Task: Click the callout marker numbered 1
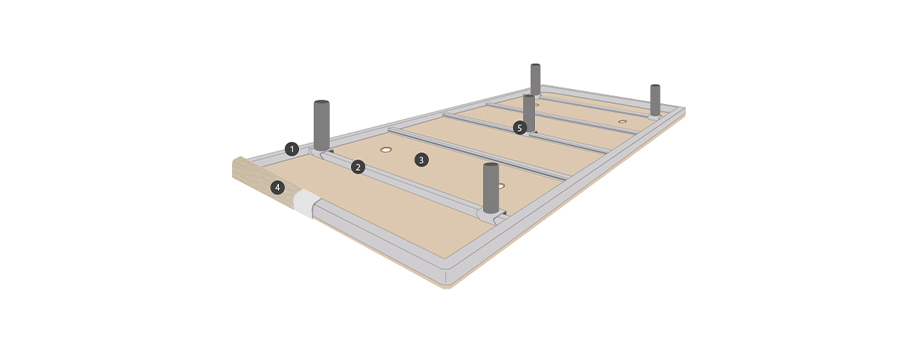click(x=292, y=149)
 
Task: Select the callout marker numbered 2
click(x=358, y=167)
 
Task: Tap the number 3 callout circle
click(x=421, y=159)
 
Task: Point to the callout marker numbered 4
click(x=278, y=188)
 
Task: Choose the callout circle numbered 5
click(x=519, y=127)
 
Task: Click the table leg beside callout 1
click(x=322, y=125)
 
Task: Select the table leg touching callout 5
click(x=529, y=113)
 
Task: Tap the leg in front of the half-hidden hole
click(x=491, y=188)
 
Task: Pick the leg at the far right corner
click(x=655, y=100)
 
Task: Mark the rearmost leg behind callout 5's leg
click(x=535, y=79)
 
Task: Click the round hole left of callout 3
click(x=385, y=150)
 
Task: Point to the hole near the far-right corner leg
click(x=623, y=122)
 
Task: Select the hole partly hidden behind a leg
click(x=500, y=186)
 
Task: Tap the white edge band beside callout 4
click(x=306, y=203)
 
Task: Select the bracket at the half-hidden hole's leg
click(x=493, y=216)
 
